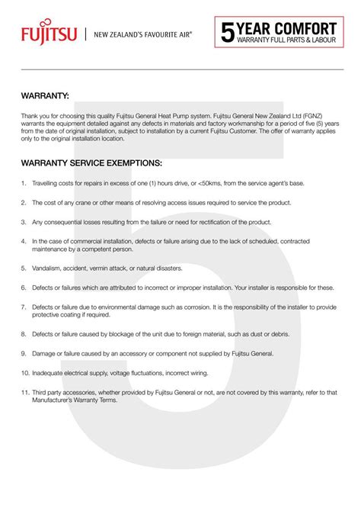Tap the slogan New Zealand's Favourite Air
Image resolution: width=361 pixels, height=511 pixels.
click(142, 34)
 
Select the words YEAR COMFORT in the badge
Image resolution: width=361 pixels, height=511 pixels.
click(286, 27)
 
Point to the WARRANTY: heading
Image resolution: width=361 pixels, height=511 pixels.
click(46, 97)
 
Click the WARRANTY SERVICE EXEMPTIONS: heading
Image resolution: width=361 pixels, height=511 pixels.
click(91, 163)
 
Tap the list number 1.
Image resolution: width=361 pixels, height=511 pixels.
click(24, 184)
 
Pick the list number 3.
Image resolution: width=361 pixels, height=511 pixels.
click(24, 221)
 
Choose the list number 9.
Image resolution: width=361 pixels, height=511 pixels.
click(24, 354)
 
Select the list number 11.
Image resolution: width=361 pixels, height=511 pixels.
click(25, 391)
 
